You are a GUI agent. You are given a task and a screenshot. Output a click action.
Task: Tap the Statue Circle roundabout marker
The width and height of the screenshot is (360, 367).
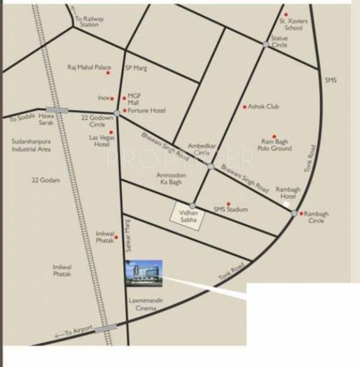point(265,44)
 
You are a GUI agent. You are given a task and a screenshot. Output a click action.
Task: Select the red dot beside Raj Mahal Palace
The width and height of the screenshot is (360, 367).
point(108,73)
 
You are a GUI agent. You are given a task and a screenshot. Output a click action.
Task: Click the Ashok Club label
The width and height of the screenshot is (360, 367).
point(263,106)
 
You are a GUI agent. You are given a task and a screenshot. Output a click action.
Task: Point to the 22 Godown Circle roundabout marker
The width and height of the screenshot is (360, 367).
point(116,113)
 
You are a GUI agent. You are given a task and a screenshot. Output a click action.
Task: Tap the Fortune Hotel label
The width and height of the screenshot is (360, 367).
point(147,111)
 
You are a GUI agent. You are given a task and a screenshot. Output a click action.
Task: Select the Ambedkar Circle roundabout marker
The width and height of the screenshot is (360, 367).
point(210,166)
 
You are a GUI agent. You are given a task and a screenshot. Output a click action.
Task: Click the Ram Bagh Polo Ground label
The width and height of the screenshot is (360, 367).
point(276,144)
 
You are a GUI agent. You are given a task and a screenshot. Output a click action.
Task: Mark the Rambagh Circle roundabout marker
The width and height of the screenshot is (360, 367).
point(294,213)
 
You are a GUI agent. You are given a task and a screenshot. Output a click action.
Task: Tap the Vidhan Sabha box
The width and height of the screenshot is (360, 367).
point(186,216)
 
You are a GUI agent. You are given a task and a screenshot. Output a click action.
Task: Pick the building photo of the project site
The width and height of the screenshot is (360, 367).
point(144,272)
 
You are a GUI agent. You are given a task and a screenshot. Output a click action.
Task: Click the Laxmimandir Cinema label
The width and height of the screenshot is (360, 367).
point(143,305)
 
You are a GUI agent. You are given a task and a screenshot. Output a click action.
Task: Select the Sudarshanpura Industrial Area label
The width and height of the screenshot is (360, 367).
point(31,145)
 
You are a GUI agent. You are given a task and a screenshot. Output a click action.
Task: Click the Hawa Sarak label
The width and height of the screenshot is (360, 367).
point(47,118)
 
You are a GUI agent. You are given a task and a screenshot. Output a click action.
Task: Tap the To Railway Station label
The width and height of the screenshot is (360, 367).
point(89,22)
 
